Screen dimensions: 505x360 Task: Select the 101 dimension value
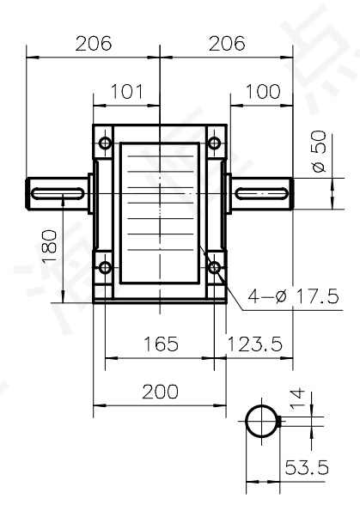[x=127, y=92]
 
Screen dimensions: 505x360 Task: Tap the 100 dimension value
[x=262, y=92]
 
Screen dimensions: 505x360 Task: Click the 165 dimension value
[x=160, y=344]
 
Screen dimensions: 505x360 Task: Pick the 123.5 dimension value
[x=255, y=344]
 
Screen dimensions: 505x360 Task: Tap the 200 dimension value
[x=160, y=392]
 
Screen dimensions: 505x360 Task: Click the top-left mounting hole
[x=105, y=143]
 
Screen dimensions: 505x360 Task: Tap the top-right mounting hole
[x=215, y=143]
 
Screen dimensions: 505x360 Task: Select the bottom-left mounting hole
[x=105, y=267]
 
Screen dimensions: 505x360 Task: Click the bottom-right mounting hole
[x=215, y=267]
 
